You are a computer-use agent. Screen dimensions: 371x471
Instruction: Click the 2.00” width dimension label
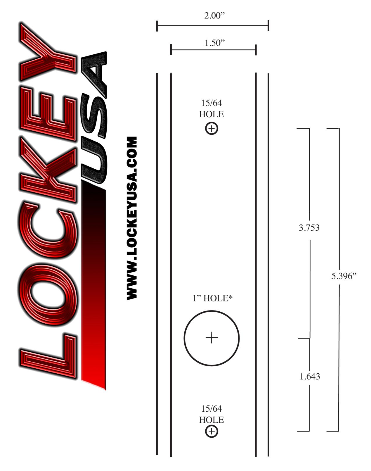pyautogui.click(x=214, y=15)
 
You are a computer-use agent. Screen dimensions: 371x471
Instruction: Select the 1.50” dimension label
pyautogui.click(x=215, y=43)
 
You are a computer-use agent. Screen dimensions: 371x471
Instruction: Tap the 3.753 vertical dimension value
pyautogui.click(x=309, y=228)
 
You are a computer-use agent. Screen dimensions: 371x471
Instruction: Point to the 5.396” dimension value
pyautogui.click(x=344, y=276)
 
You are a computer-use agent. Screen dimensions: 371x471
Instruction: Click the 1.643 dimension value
pyautogui.click(x=310, y=377)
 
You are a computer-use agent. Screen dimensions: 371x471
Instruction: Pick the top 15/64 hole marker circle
pyautogui.click(x=211, y=128)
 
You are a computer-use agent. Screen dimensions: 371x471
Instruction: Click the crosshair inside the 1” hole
pyautogui.click(x=211, y=338)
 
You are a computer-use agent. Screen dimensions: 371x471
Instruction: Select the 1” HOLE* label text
pyautogui.click(x=212, y=298)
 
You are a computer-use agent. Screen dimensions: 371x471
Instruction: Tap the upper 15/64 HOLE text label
pyautogui.click(x=211, y=108)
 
